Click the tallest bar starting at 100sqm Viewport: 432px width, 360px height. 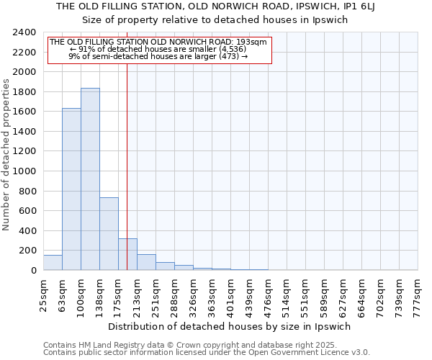[90, 179]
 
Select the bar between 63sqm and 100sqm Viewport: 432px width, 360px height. [71, 189]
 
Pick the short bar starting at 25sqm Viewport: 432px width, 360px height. [53, 263]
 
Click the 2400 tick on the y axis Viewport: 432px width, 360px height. [25, 32]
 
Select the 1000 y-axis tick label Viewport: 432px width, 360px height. [25, 171]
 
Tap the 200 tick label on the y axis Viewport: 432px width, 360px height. [28, 251]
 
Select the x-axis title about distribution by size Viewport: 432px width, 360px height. [230, 326]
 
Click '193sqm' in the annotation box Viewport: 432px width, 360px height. [253, 42]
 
